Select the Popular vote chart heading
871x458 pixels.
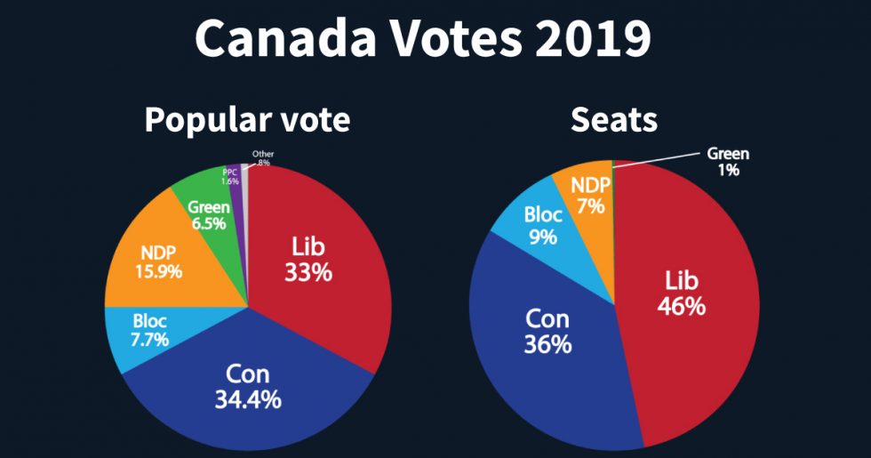(247, 120)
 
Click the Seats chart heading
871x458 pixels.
(613, 120)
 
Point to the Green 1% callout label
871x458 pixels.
(728, 161)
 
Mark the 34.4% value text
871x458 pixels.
(248, 399)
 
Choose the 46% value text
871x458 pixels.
(682, 306)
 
